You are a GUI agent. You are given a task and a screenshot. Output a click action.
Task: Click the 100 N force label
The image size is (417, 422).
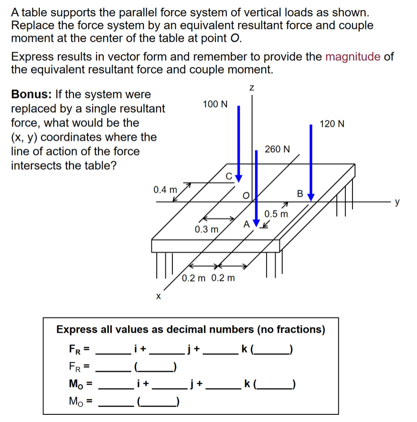tap(215, 104)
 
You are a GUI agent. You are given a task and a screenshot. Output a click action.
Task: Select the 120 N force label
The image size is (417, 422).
tap(332, 124)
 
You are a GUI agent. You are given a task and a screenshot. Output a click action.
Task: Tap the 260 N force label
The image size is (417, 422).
tap(277, 149)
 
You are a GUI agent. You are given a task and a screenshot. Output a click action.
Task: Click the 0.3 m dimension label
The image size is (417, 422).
tap(206, 230)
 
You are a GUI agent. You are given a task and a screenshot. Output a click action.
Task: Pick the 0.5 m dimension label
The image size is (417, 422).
tap(277, 213)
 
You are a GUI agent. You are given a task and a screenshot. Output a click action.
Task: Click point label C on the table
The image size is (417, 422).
tap(229, 176)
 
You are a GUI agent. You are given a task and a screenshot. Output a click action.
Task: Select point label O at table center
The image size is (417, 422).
tap(246, 195)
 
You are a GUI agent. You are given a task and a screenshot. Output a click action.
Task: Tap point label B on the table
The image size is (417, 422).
tap(300, 194)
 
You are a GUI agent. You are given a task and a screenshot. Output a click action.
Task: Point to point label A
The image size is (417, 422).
tap(246, 223)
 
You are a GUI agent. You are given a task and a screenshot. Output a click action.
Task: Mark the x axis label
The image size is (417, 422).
tap(157, 297)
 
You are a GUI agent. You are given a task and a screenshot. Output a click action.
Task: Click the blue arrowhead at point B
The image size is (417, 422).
tap(311, 196)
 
